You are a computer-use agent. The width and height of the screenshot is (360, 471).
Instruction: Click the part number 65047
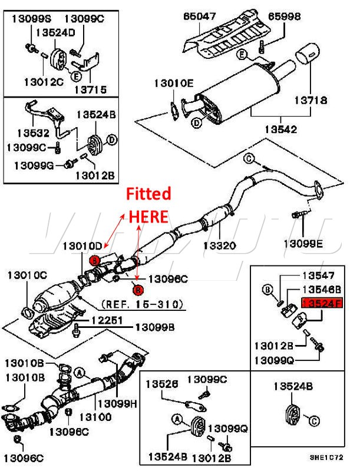(x=200, y=16)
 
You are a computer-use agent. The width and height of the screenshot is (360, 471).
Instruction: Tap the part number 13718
(x=312, y=101)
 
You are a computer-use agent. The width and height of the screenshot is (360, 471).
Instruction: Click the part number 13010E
(x=173, y=83)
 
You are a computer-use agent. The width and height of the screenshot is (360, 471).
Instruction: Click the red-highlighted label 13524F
(x=322, y=303)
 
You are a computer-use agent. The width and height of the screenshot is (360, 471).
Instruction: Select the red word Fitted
(x=150, y=194)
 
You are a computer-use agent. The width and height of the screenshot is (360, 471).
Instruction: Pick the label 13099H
(x=117, y=403)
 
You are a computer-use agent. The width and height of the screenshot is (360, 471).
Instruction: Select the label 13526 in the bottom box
(x=163, y=384)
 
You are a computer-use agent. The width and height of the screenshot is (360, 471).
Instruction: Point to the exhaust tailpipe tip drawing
(x=306, y=57)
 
